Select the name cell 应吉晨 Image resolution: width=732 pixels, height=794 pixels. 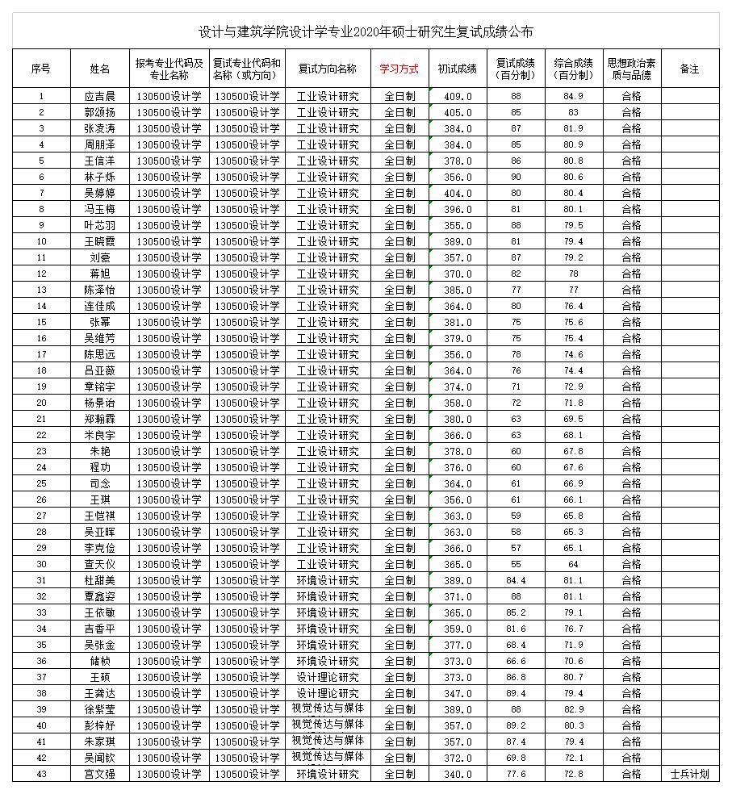pos(100,96)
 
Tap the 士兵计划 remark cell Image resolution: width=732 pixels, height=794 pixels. pos(689,774)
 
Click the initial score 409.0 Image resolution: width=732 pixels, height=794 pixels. pos(458,96)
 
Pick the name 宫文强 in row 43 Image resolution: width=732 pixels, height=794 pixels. pos(100,774)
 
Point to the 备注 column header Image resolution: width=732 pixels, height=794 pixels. pos(689,69)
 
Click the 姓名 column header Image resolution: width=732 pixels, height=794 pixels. pos(100,69)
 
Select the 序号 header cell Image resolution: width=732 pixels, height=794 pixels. pos(41,69)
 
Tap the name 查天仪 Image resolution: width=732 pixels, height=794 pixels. pos(100,564)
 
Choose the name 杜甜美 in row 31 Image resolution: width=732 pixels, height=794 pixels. pos(100,580)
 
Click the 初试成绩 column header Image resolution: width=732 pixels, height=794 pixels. pos(458,69)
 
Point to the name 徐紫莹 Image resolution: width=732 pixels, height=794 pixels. pos(100,709)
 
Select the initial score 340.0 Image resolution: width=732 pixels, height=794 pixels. pos(458,774)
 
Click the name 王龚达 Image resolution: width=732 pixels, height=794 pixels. pos(100,693)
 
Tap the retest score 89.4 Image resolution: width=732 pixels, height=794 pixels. pos(516,693)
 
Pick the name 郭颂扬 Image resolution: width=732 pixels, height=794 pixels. pos(100,112)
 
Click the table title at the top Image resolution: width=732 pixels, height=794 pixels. pos(366,32)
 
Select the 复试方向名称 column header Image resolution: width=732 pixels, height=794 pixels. pos(328,69)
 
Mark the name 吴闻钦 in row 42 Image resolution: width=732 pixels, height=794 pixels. pos(100,758)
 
